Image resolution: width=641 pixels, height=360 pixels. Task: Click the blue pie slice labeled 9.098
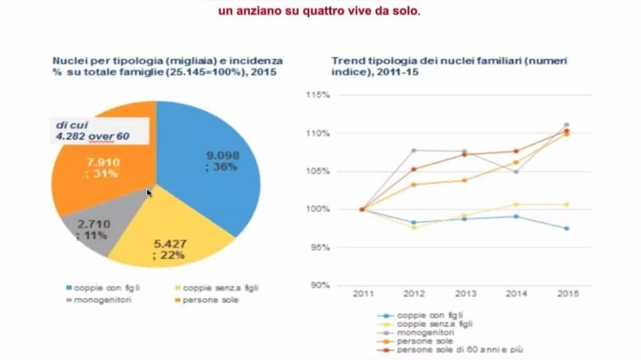coord(213,169)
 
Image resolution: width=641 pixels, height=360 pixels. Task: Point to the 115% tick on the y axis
coord(318,95)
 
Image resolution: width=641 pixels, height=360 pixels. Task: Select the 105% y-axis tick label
coord(318,172)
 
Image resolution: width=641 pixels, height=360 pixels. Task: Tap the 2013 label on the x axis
coord(464,293)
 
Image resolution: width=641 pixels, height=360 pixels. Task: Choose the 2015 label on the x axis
coord(567,293)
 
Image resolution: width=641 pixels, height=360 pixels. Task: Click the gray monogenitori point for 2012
coord(414,150)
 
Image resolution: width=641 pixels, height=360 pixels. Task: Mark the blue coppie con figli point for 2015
coord(567,229)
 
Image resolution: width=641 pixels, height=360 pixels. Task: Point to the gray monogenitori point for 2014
coord(516,172)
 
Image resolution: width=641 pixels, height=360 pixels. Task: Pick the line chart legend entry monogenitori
coord(426,332)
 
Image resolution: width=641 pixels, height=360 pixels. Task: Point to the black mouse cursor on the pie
coord(149,193)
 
